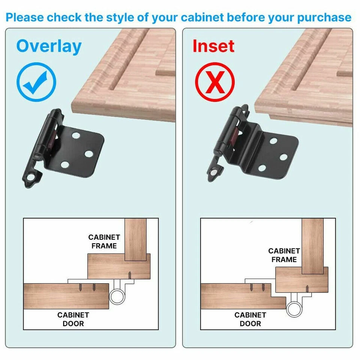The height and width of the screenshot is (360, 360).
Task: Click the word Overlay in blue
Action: click(x=49, y=46)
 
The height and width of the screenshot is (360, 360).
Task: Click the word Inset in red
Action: click(x=213, y=46)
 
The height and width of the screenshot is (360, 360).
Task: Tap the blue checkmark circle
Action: click(x=36, y=82)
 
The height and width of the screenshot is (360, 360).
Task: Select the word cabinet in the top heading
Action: click(x=203, y=17)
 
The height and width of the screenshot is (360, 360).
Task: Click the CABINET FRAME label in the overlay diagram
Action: click(x=104, y=241)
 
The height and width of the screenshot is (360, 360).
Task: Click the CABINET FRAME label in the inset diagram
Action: click(x=284, y=255)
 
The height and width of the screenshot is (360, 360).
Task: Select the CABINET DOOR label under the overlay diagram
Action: click(x=73, y=319)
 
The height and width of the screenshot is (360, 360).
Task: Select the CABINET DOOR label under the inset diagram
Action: click(x=250, y=319)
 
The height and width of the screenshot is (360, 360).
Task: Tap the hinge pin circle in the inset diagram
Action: click(x=294, y=309)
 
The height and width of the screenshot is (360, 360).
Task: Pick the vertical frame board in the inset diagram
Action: click(x=312, y=244)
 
